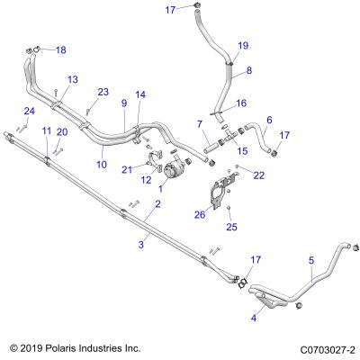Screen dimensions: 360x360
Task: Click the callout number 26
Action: pyautogui.click(x=200, y=214)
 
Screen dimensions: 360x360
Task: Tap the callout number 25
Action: pyautogui.click(x=231, y=227)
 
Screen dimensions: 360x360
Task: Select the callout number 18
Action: pyautogui.click(x=61, y=49)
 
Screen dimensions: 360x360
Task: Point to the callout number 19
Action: pyautogui.click(x=243, y=46)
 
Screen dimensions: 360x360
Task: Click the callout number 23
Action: pyautogui.click(x=103, y=92)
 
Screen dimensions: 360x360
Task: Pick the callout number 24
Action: pyautogui.click(x=30, y=112)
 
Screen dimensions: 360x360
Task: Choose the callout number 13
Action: pyautogui.click(x=73, y=79)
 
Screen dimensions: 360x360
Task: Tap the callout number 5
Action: pyautogui.click(x=311, y=260)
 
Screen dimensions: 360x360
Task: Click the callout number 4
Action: pyautogui.click(x=254, y=318)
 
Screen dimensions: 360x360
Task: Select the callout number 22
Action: pyautogui.click(x=259, y=175)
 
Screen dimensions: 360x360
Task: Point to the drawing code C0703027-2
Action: pyautogui.click(x=328, y=350)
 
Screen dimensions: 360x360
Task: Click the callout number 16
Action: pyautogui.click(x=241, y=103)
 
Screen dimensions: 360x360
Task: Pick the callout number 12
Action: pyautogui.click(x=146, y=180)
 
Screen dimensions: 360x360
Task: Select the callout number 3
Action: pyautogui.click(x=141, y=245)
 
